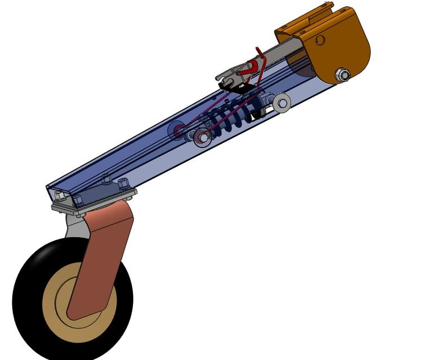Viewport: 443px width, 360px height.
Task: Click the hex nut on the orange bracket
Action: (x=342, y=74)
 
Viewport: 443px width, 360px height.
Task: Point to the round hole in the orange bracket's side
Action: (x=320, y=40)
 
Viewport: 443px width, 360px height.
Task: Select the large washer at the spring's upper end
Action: (x=281, y=101)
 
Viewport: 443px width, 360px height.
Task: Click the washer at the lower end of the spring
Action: (x=201, y=137)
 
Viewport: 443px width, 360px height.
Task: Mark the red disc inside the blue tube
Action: (x=180, y=131)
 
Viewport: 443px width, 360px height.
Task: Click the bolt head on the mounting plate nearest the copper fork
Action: (x=124, y=183)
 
